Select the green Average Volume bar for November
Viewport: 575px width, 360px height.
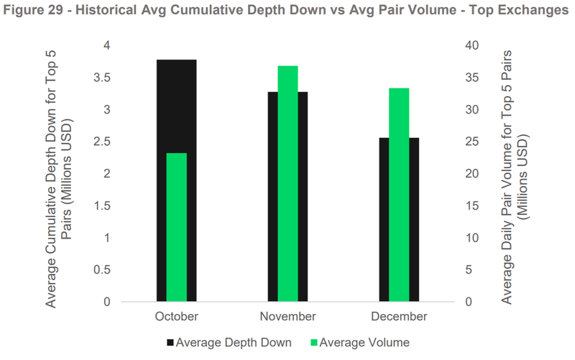[287, 183]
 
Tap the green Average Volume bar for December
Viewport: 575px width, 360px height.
[399, 195]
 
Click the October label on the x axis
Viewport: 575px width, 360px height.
[176, 316]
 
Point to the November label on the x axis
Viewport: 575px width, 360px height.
[287, 316]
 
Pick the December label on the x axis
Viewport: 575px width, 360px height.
[399, 316]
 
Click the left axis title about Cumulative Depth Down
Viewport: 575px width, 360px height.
[60, 173]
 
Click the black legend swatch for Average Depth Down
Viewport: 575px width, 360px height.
[170, 342]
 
